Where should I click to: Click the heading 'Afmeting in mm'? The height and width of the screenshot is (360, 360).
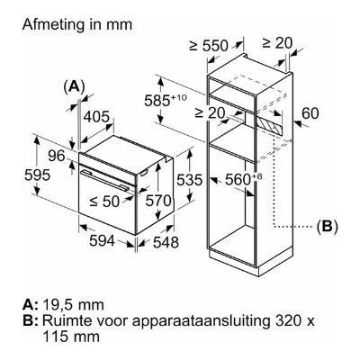click(77, 24)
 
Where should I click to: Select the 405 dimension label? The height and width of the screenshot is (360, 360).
click(96, 116)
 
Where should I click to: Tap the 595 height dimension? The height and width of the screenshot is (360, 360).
click(38, 175)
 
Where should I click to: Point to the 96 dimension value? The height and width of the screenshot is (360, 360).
click(56, 156)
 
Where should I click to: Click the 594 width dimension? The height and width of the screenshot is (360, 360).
click(103, 240)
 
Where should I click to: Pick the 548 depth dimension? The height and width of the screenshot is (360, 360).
click(166, 242)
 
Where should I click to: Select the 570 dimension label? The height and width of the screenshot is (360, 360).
click(158, 201)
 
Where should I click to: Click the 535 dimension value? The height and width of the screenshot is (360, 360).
click(190, 180)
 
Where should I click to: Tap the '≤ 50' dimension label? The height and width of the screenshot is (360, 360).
click(104, 202)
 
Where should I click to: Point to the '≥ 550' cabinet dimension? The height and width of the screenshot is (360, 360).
click(209, 46)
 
